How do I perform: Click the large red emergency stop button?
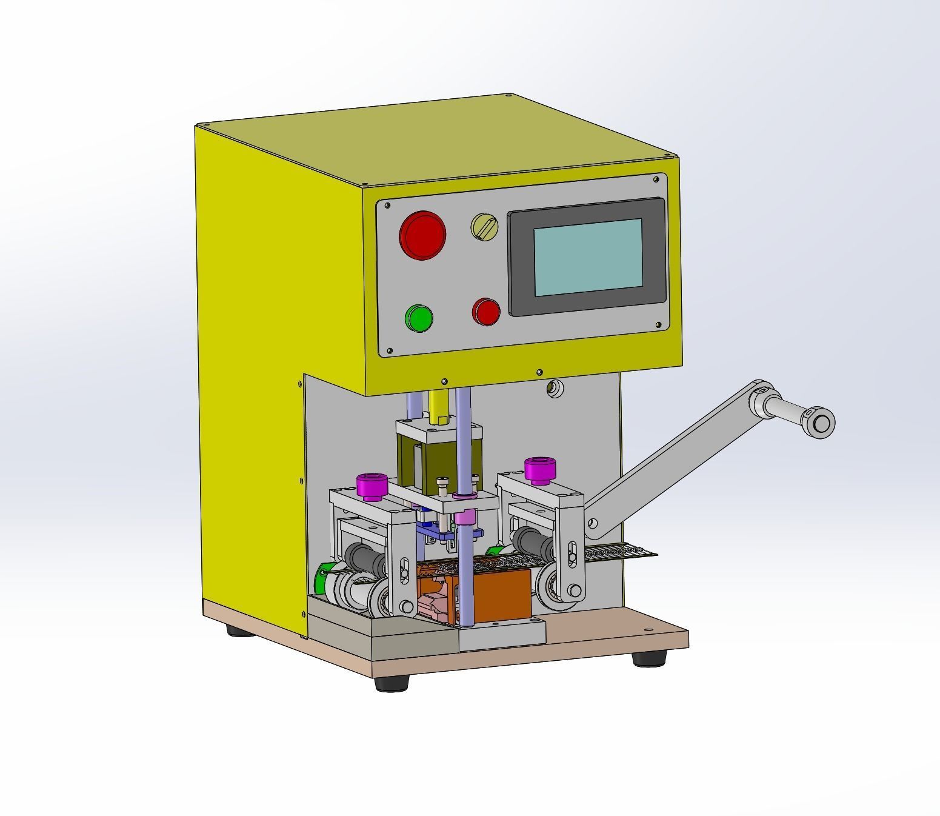(422, 235)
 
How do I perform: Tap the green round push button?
(418, 318)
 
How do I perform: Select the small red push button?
(486, 312)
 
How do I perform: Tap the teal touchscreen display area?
(587, 257)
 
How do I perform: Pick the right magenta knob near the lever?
(539, 467)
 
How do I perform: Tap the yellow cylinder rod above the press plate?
(438, 406)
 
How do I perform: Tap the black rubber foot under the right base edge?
(649, 658)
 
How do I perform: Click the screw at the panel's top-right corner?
(656, 179)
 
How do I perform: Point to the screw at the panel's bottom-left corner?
(390, 350)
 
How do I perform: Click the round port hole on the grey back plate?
(553, 388)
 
